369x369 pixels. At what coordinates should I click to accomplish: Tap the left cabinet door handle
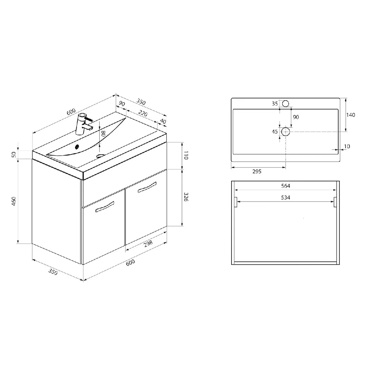tap(105, 207)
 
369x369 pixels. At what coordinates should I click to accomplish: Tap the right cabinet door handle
tap(147, 187)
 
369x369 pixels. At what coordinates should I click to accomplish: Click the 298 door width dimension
tap(148, 243)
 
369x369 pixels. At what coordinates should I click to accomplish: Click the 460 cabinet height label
tap(14, 201)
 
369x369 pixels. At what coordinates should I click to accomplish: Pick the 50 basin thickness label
tap(14, 154)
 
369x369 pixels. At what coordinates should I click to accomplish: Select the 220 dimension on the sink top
tap(143, 113)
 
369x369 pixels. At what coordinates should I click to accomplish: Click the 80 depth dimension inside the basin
tap(103, 133)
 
